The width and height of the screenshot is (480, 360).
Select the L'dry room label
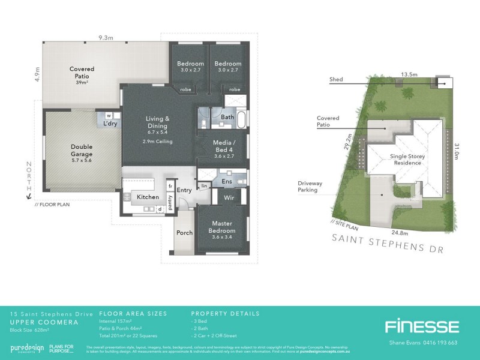point(110,124)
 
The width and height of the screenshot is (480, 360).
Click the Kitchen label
point(148,197)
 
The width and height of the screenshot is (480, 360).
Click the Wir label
point(228,196)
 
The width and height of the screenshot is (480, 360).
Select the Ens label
point(227,180)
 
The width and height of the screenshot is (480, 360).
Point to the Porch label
point(184,233)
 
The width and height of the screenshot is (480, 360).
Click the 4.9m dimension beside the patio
point(37,74)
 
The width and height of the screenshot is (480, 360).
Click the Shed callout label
point(337,79)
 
